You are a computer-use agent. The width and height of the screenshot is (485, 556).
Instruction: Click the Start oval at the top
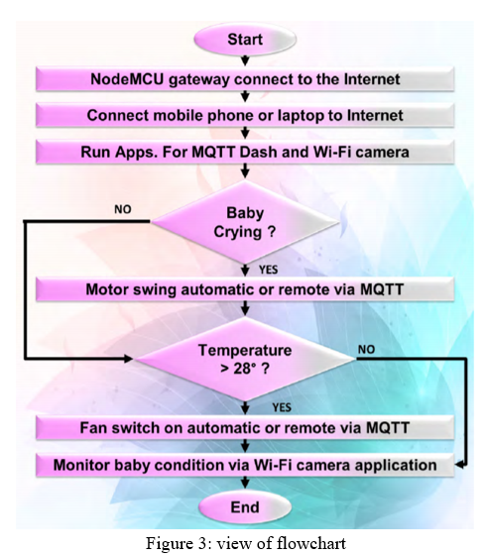pyautogui.click(x=245, y=40)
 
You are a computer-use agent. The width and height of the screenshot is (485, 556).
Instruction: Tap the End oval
pyautogui.click(x=245, y=507)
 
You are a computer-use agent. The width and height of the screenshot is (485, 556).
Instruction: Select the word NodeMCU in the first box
pyautogui.click(x=127, y=79)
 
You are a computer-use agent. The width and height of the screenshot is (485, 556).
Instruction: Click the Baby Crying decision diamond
pyautogui.click(x=245, y=222)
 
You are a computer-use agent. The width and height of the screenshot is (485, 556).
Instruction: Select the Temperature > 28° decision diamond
pyautogui.click(x=245, y=359)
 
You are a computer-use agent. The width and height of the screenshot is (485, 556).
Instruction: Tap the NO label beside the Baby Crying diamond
pyautogui.click(x=123, y=209)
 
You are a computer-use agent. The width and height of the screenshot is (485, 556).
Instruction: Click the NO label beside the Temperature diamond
pyautogui.click(x=366, y=350)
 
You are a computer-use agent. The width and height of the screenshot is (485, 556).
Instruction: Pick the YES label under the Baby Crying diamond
pyautogui.click(x=268, y=270)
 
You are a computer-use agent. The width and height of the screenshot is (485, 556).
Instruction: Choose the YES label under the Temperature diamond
pyautogui.click(x=282, y=407)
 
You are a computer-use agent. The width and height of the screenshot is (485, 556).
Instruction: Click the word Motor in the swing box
pyautogui.click(x=107, y=289)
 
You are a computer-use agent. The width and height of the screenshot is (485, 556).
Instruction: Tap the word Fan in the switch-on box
pyautogui.click(x=93, y=427)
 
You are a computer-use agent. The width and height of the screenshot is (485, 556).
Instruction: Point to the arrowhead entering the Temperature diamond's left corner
pyautogui.click(x=128, y=359)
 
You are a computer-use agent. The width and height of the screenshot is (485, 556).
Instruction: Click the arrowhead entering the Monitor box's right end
pyautogui.click(x=459, y=465)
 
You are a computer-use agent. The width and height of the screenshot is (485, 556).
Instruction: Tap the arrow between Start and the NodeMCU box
pyautogui.click(x=245, y=60)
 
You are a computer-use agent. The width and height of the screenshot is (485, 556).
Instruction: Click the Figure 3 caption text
pyautogui.click(x=246, y=543)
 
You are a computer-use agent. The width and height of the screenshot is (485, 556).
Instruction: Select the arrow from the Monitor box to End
pyautogui.click(x=245, y=484)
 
